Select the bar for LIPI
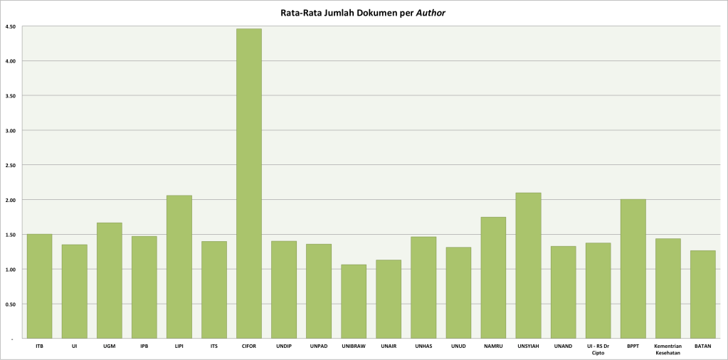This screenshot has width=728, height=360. [179, 267]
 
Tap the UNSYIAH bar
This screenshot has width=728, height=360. [528, 265]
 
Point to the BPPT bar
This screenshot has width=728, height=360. [633, 269]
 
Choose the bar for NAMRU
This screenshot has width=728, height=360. [493, 277]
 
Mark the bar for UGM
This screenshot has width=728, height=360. [109, 280]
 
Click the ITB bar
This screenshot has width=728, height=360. [39, 286]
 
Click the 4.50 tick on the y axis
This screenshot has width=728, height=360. [11, 26]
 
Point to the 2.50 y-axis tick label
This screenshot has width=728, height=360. [11, 165]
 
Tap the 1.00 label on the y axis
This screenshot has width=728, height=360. [11, 270]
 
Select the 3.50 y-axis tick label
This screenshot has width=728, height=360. [11, 95]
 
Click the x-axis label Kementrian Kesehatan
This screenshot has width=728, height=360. [668, 349]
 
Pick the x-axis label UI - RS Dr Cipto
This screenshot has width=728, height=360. [598, 349]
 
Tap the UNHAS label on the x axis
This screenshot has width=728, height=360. [423, 346]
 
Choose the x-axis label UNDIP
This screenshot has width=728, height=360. [284, 346]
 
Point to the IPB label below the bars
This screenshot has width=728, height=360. [144, 346]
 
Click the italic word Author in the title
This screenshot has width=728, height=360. [431, 12]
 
